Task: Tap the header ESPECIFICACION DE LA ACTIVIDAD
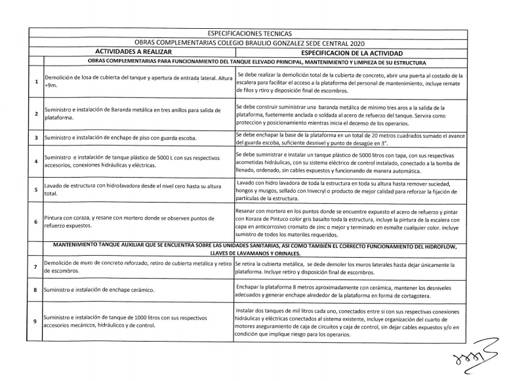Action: pyautogui.click(x=351, y=52)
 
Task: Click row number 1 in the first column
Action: pyautogui.click(x=35, y=82)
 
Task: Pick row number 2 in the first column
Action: pyautogui.click(x=35, y=113)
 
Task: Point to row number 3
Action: pyautogui.click(x=35, y=139)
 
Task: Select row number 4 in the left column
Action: pyautogui.click(x=35, y=161)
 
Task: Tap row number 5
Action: pyautogui.click(x=35, y=190)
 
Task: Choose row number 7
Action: pyautogui.click(x=35, y=266)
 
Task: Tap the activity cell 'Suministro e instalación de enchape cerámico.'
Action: pyautogui.click(x=108, y=289)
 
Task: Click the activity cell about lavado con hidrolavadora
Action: pyautogui.click(x=131, y=191)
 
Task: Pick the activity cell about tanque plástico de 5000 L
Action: pyautogui.click(x=131, y=161)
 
